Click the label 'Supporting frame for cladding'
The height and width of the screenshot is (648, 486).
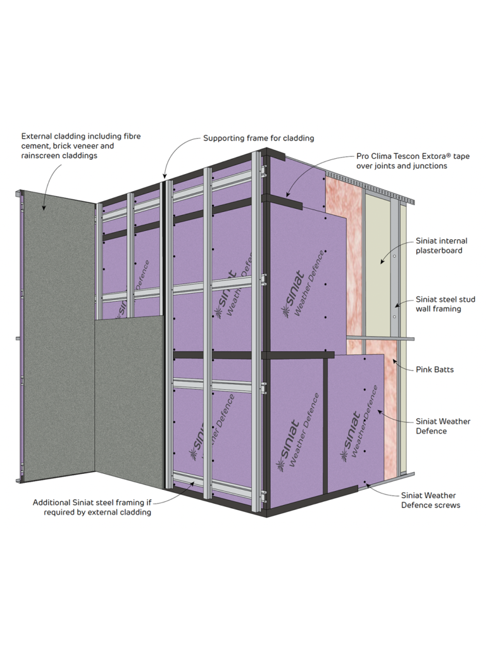point(258,138)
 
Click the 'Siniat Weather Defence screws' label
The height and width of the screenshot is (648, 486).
point(428,500)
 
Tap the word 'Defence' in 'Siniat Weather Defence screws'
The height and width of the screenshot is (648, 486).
point(416,505)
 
